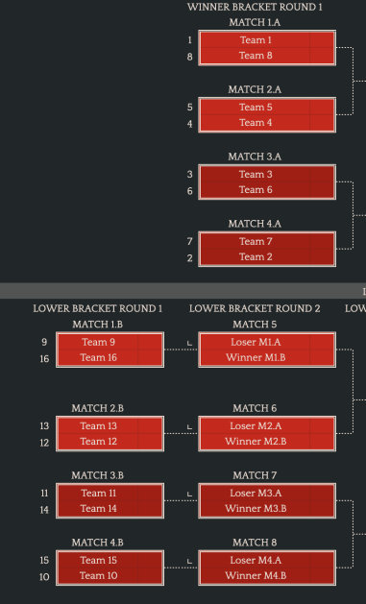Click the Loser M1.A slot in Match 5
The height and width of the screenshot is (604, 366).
pos(266,342)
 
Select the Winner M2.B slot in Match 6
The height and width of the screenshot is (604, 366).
pos(266,442)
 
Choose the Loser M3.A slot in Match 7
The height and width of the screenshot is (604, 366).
pos(266,493)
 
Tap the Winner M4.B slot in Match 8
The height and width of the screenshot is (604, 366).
pos(266,576)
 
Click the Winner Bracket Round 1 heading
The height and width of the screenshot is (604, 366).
pos(255,7)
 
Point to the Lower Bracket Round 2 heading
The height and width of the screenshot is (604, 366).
pos(255,308)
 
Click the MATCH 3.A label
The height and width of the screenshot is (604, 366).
pos(255,157)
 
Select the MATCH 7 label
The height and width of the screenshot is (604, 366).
pos(255,475)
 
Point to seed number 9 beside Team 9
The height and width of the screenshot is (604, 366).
pos(43,342)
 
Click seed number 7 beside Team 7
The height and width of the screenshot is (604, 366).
pos(190,241)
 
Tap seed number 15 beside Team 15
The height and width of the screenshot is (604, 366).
pos(43,560)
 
